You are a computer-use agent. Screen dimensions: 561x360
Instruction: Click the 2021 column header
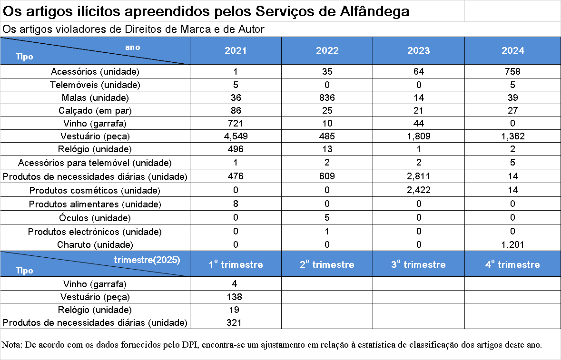236,50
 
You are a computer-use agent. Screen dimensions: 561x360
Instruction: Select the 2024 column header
512,50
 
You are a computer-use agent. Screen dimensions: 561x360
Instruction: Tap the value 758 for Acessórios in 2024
512,71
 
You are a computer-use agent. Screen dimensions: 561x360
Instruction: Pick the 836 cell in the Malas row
327,97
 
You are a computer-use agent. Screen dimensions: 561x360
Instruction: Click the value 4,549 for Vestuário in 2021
236,136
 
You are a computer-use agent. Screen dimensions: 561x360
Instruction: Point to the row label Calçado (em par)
95,110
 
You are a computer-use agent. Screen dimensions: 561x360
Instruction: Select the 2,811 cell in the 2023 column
419,176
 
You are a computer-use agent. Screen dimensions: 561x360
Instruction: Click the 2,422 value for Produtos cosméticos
419,190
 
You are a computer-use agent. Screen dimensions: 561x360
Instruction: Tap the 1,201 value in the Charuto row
512,244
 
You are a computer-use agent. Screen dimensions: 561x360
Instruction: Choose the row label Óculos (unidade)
95,218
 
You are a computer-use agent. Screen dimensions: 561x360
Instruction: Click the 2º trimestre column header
327,264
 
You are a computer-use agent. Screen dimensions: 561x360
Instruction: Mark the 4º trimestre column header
512,264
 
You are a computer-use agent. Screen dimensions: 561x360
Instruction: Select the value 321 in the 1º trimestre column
234,322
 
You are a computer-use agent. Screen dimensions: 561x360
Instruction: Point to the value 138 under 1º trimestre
235,297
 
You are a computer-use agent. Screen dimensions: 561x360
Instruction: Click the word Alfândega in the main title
374,11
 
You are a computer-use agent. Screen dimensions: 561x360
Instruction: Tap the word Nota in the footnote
11,345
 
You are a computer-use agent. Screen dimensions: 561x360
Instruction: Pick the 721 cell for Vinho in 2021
236,123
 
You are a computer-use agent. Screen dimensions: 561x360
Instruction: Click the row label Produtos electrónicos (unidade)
95,232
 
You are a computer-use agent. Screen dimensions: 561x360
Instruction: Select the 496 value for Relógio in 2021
236,149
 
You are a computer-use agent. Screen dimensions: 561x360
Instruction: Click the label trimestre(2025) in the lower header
147,260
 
